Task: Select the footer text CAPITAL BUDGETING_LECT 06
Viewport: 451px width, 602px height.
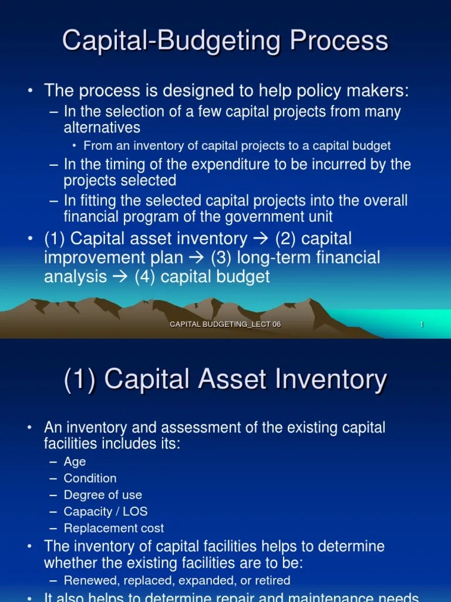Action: tap(225, 325)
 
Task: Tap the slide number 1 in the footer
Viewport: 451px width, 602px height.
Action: tap(422, 325)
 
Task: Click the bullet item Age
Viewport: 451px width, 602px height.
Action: tap(75, 461)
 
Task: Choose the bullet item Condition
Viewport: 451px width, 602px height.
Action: tap(90, 478)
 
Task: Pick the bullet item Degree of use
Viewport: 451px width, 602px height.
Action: tap(103, 494)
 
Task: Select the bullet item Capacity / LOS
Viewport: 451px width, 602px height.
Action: tap(106, 511)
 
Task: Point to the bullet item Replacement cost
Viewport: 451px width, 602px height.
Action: tap(113, 528)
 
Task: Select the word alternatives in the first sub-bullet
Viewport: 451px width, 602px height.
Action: tap(102, 128)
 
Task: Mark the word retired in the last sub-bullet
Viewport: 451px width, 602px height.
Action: tap(270, 580)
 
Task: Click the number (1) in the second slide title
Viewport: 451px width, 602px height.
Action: tap(80, 379)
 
